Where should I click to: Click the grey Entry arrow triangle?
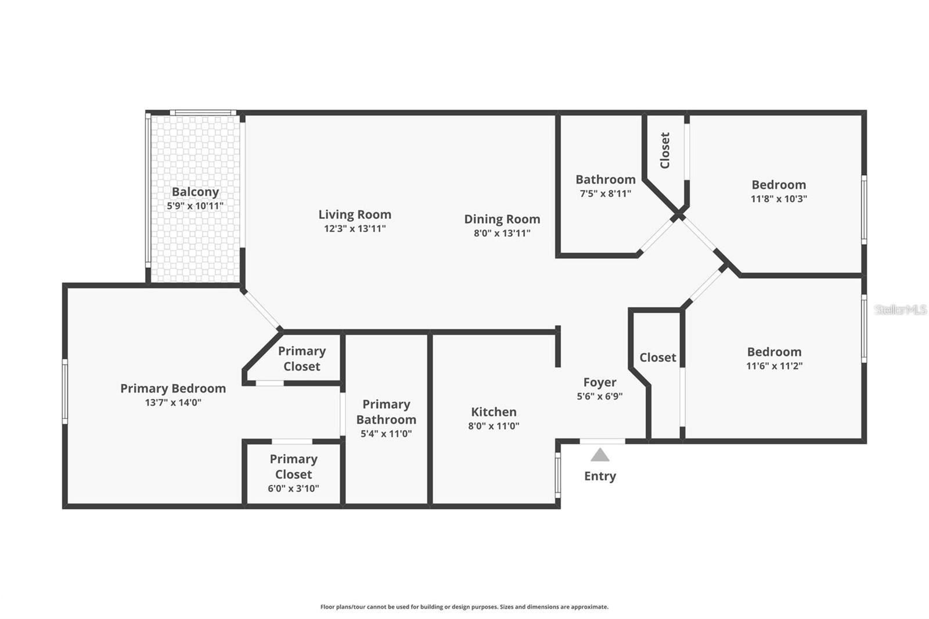[600, 455]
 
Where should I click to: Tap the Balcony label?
[195, 192]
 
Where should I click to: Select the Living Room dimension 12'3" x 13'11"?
[354, 229]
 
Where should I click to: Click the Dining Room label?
[502, 219]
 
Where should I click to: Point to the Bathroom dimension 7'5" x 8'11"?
[605, 194]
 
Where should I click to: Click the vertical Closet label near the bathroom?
[665, 150]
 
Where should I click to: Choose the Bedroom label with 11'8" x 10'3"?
[779, 185]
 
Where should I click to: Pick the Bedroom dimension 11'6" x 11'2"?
[774, 366]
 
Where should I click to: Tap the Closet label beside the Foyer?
[657, 358]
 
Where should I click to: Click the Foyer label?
[600, 382]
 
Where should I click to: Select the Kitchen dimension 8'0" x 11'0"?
[494, 426]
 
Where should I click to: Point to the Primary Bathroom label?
[386, 412]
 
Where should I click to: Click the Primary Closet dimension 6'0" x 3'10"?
[293, 489]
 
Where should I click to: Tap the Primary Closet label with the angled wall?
[301, 358]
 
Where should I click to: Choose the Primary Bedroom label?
[173, 388]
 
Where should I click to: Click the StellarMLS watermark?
[900, 310]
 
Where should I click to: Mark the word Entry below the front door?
[600, 476]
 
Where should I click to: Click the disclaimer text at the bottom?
[464, 607]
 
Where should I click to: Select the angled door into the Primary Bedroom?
[262, 310]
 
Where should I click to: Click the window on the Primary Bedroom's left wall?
[65, 390]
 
